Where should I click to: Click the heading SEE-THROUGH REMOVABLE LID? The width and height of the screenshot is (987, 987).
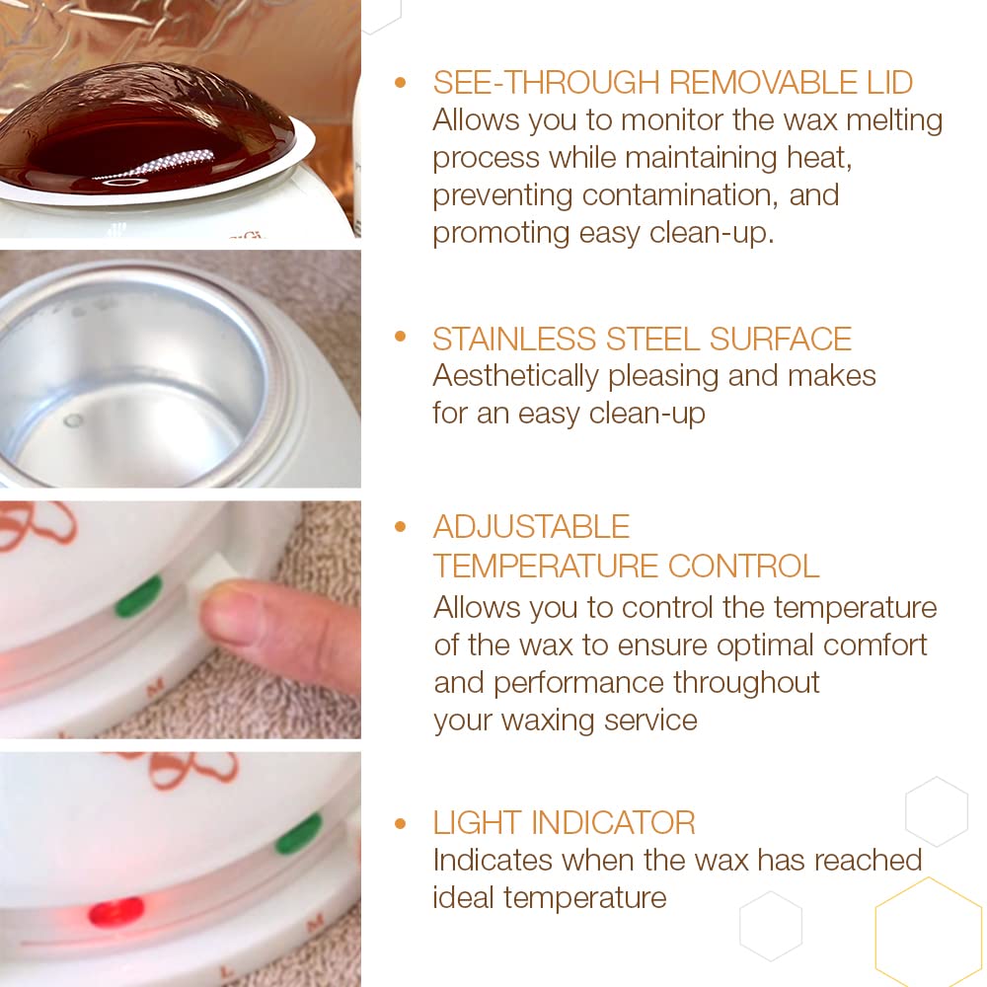click(x=672, y=83)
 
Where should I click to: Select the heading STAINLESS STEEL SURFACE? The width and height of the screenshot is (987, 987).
click(x=642, y=339)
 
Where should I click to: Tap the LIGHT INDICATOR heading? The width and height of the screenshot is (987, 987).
click(x=564, y=822)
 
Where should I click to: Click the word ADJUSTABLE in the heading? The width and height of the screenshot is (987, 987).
click(x=531, y=527)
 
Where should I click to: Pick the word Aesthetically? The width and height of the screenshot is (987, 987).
click(x=515, y=376)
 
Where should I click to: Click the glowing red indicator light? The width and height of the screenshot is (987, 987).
click(x=115, y=910)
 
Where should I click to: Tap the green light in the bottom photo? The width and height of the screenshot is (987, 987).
click(x=298, y=834)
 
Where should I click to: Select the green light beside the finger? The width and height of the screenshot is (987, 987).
click(x=138, y=597)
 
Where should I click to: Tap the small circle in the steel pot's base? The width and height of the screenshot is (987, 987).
click(x=72, y=420)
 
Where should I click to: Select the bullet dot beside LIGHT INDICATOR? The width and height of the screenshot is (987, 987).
click(x=400, y=822)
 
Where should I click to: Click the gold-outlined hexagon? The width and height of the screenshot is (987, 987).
click(x=929, y=934)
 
